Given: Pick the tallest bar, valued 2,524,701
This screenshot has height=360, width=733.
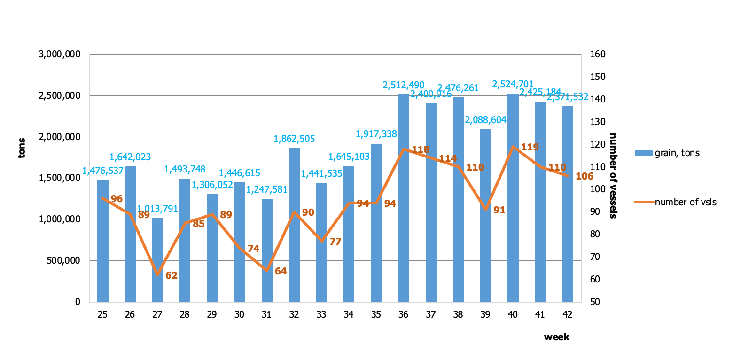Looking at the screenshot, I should [513, 197].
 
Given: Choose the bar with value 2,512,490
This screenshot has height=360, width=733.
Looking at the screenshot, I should [404, 198].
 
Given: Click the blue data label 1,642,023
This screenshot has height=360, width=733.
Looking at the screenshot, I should [130, 157].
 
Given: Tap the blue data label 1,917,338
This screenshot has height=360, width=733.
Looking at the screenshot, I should [376, 134].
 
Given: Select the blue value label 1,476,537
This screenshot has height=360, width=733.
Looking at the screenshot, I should [102, 171].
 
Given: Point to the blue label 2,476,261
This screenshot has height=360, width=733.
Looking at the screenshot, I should [458, 88].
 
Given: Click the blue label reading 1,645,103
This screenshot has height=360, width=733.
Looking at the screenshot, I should [349, 157].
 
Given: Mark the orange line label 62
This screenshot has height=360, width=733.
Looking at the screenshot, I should [172, 275].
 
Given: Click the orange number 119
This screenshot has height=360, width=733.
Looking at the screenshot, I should [530, 147].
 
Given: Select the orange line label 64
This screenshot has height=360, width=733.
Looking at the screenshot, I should [281, 271].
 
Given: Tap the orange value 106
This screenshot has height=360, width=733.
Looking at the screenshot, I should [585, 176].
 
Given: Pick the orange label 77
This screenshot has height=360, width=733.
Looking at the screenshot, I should [335, 242].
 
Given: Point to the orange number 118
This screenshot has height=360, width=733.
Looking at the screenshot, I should [420, 149].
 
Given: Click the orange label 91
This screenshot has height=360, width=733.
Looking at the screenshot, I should [499, 210].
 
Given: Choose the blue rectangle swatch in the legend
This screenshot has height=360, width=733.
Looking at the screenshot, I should [644, 153].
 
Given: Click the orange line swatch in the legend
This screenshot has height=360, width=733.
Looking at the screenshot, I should [644, 202].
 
